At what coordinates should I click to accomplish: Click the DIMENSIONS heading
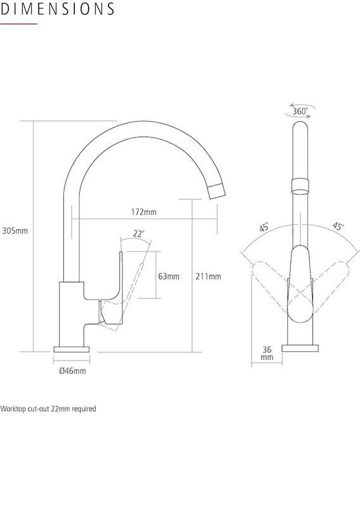coord(58,10)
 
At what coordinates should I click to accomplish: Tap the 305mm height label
coord(15,231)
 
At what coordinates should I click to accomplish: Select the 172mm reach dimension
coord(145,211)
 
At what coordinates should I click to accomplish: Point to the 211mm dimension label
coord(209,276)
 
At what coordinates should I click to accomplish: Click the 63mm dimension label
coord(169,276)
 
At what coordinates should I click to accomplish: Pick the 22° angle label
coord(139,233)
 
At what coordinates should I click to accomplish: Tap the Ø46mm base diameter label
coord(72,371)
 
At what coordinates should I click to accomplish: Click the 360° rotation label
coord(300,112)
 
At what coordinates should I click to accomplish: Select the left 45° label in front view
coord(264,227)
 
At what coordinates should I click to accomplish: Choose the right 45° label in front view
coord(338,227)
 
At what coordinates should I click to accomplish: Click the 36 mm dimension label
coord(266,353)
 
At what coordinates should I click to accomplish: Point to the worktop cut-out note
coord(48,409)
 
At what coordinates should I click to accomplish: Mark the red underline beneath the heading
coord(18,23)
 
